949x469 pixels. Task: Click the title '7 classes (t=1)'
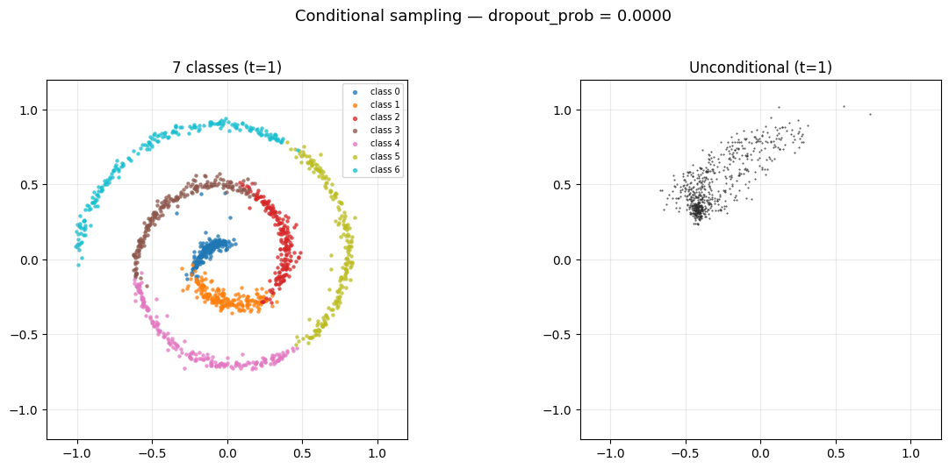click(x=226, y=68)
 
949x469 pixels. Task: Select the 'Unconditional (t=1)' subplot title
click(x=760, y=68)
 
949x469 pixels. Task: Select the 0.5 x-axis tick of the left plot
click(x=302, y=453)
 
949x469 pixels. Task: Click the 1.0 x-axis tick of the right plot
click(x=910, y=453)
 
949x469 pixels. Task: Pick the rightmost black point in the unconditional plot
click(x=870, y=114)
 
